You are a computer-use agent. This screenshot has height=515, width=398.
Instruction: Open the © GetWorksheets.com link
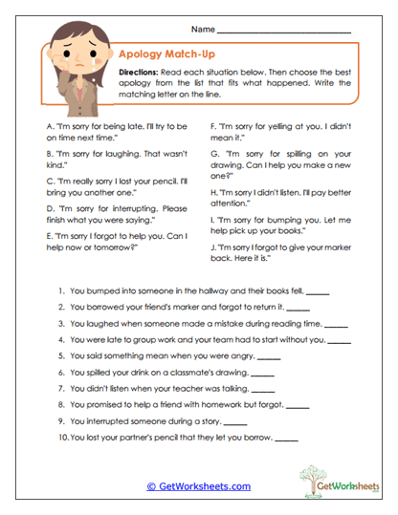[x=198, y=486]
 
